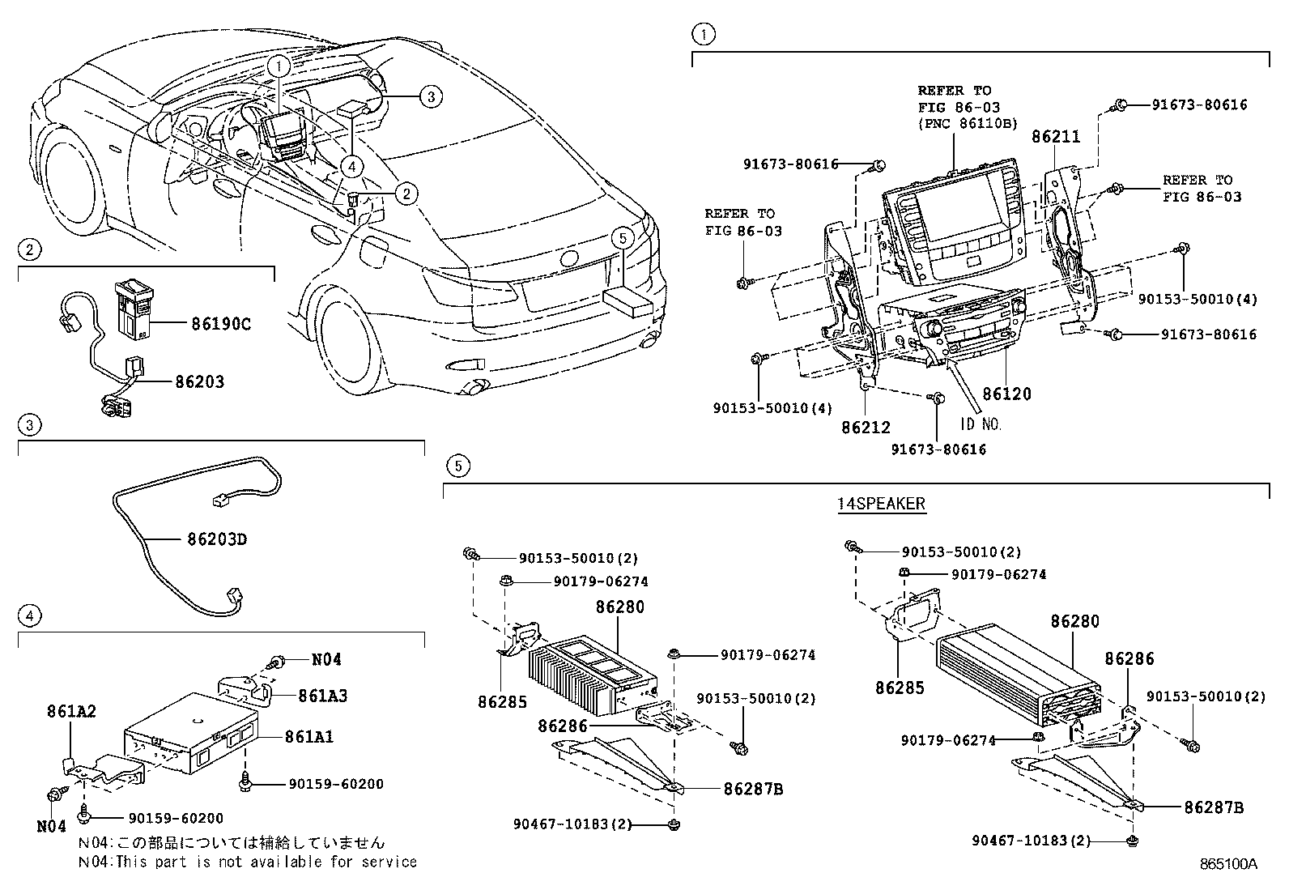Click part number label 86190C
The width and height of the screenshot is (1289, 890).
[x=221, y=325]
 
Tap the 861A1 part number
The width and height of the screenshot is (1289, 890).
[x=308, y=737]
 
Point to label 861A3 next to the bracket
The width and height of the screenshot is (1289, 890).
[x=322, y=696]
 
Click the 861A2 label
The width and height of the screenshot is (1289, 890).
[x=71, y=711]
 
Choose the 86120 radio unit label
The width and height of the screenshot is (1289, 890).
[x=1006, y=394]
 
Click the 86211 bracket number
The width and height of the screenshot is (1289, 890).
[x=1056, y=137]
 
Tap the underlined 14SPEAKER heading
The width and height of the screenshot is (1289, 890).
[x=881, y=504]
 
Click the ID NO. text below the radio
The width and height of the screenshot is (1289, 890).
[x=981, y=424]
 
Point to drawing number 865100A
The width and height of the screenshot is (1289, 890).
[x=1228, y=864]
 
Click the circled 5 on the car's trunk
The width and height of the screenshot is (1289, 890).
[x=621, y=238]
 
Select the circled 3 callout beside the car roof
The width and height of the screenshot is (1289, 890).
[x=431, y=96]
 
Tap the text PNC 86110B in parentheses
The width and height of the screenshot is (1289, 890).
[x=967, y=124]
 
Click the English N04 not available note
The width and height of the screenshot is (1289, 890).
[x=247, y=862]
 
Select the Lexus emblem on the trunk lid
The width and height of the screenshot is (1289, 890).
[x=570, y=259]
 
